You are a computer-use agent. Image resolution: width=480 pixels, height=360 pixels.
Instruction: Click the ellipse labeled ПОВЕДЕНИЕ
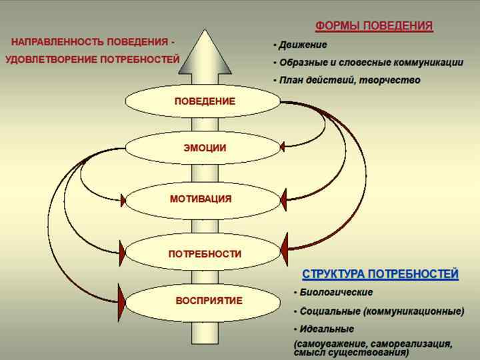(x=203, y=101)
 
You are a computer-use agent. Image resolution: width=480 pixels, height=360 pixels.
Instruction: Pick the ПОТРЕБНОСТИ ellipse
(x=203, y=254)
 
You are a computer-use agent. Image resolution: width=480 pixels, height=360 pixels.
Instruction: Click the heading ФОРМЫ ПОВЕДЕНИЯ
(x=373, y=27)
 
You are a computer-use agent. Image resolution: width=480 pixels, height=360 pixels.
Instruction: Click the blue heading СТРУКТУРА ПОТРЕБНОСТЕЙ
(x=380, y=274)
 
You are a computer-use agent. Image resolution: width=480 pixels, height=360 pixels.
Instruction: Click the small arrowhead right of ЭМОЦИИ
(x=283, y=145)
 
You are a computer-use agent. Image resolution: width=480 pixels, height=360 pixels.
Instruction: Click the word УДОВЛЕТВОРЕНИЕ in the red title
(x=51, y=60)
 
